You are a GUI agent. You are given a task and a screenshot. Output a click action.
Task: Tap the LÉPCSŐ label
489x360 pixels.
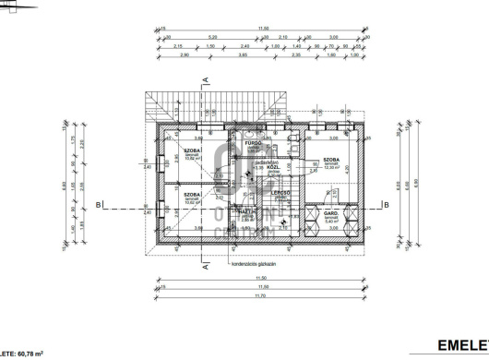[281, 192]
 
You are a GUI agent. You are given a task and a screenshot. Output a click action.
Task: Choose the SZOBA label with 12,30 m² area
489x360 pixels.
[331, 160]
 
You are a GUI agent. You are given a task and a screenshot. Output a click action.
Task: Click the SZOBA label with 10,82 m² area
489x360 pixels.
[193, 150]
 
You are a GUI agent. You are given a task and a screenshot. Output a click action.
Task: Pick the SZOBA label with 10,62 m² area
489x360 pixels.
[192, 195]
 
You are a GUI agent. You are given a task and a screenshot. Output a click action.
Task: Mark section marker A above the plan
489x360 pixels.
[209, 81]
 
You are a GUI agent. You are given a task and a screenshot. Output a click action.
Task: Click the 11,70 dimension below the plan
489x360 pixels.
[262, 296]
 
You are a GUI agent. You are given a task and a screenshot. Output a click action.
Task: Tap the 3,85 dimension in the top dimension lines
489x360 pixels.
[217, 56]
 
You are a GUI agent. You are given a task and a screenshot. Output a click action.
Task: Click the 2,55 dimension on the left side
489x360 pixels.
[81, 185]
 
